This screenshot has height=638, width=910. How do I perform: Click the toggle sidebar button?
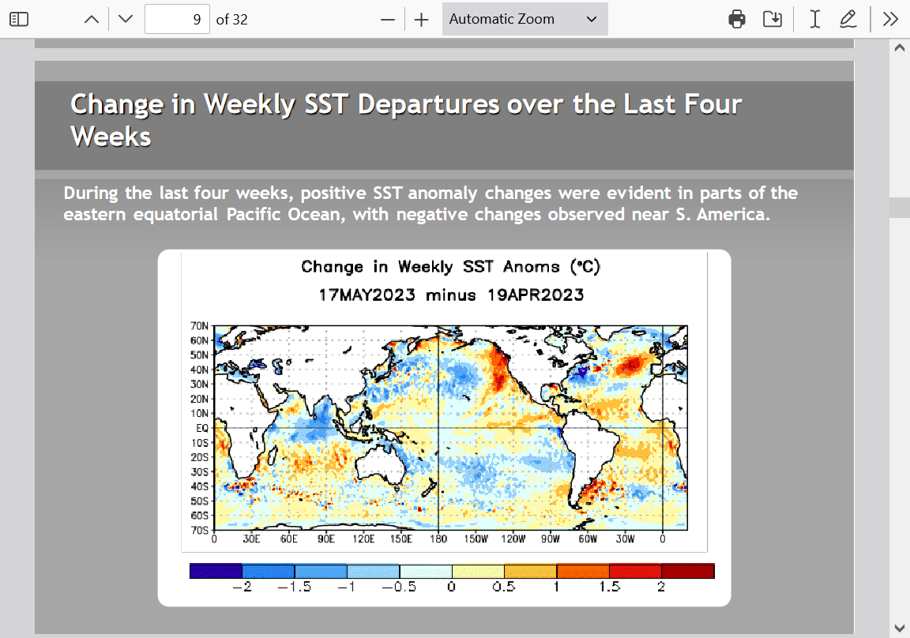19,19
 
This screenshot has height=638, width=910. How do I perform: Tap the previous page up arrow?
92,19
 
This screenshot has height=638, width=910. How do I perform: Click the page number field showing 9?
177,19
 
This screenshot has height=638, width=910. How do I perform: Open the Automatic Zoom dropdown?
525,19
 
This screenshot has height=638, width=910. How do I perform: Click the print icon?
736,19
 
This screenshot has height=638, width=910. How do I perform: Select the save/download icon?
773,19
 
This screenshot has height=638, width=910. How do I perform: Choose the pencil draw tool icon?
848,19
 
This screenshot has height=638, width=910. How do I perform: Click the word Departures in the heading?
427,105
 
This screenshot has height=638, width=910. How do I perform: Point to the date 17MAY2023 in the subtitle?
367,295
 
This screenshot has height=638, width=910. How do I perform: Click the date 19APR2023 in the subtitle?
536,295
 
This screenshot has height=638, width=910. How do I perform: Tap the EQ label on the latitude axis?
202,428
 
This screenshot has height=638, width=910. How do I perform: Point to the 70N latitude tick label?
199,326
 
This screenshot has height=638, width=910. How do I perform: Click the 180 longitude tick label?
438,539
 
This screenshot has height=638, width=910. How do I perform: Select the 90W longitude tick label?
550,539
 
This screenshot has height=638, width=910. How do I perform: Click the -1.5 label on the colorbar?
294,587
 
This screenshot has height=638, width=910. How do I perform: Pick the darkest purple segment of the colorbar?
216,571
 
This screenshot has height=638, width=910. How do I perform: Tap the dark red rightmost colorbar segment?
688,571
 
